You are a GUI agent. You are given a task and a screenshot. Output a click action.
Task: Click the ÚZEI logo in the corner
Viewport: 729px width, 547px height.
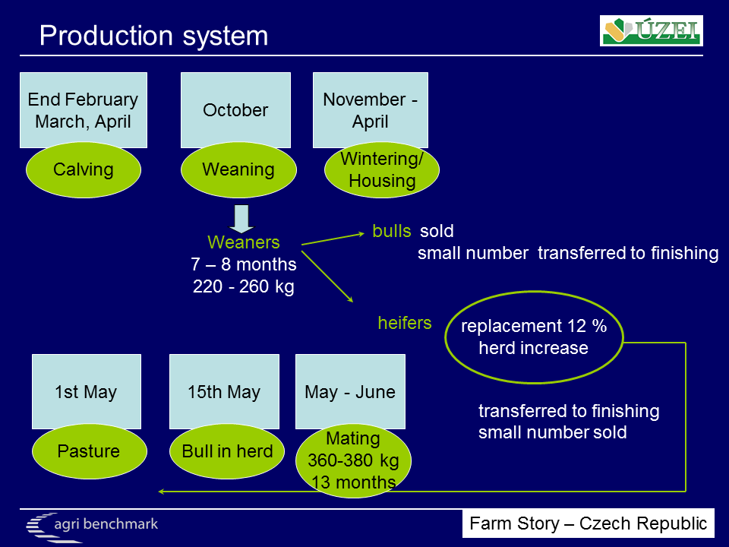click(651, 30)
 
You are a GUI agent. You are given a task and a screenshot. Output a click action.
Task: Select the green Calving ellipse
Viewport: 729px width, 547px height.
click(84, 169)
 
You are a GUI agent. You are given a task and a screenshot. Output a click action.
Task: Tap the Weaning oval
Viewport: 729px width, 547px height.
click(238, 169)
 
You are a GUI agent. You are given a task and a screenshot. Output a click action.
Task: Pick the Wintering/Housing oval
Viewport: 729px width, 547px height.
click(382, 169)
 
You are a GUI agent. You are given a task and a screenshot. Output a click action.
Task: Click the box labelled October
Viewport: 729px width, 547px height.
click(235, 109)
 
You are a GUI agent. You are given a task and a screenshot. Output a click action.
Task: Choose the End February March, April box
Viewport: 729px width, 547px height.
click(84, 109)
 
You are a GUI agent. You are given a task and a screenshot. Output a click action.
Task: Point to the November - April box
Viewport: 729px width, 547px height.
click(370, 109)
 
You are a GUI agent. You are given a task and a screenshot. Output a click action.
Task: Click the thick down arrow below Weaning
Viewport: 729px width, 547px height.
click(241, 219)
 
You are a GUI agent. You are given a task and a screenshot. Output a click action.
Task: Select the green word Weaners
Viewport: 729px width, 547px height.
click(244, 242)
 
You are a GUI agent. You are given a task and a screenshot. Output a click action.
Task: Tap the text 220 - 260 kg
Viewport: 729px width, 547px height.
click(244, 286)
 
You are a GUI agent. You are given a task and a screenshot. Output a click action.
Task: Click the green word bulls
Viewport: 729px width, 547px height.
click(392, 231)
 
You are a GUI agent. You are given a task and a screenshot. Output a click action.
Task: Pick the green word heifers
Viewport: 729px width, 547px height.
click(405, 323)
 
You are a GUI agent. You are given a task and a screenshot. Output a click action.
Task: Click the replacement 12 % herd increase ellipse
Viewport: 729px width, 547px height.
click(534, 337)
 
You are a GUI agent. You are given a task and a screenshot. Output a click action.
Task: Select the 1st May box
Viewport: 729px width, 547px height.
click(87, 392)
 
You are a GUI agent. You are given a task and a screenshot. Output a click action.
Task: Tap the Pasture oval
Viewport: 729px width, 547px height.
click(90, 451)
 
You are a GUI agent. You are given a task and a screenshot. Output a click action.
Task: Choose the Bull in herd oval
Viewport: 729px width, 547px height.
click(227, 451)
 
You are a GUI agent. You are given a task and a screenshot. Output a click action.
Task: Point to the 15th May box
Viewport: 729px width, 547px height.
click(224, 392)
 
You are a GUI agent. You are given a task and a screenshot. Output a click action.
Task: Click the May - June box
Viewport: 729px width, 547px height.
click(350, 392)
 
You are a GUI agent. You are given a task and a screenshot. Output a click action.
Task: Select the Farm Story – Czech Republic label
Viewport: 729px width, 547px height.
click(588, 523)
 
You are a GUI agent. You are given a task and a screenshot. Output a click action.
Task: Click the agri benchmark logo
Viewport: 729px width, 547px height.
click(92, 526)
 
